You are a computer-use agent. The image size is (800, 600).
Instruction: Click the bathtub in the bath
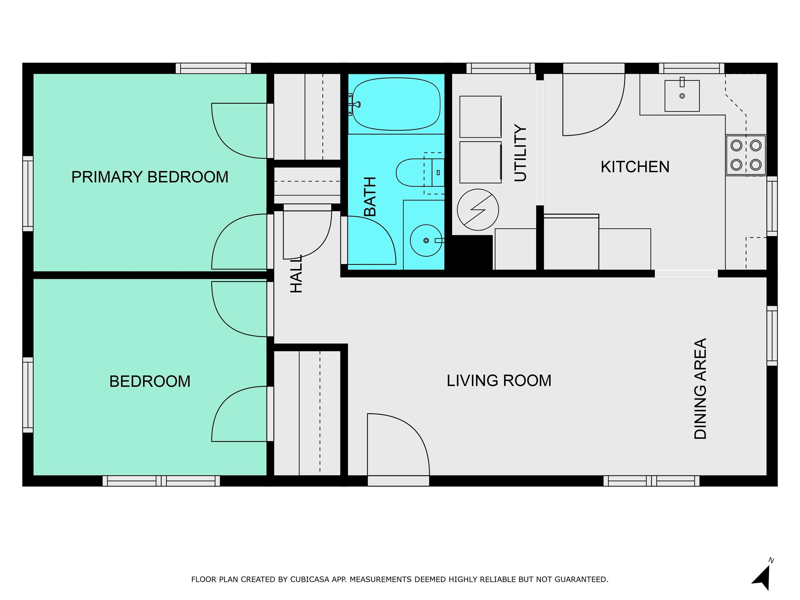pos(396,104)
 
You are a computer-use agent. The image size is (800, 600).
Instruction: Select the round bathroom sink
pos(426,241)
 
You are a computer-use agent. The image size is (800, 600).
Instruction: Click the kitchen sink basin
pos(682,96)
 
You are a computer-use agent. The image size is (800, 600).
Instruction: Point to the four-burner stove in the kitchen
pos(746,155)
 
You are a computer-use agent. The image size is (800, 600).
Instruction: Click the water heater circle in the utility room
pos(478,210)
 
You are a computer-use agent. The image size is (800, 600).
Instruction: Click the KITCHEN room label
pos(635,167)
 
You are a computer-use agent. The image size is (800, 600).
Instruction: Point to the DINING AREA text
pos(700,389)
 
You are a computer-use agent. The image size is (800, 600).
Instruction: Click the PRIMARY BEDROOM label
pos(150,177)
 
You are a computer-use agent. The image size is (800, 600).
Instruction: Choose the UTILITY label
pos(520,153)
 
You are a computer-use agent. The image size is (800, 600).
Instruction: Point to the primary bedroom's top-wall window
pos(213,68)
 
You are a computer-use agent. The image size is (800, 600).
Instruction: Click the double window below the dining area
pos(651,481)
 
